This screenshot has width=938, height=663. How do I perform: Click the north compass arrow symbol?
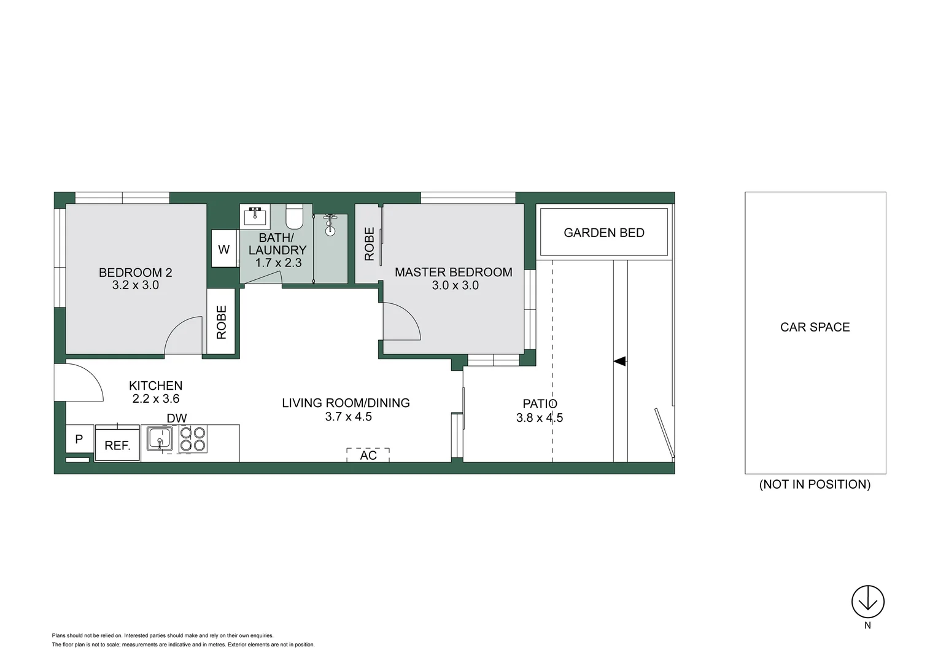click(x=867, y=602)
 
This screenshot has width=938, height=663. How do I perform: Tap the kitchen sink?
click(x=160, y=439)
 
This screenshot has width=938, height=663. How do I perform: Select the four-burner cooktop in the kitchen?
click(x=193, y=439)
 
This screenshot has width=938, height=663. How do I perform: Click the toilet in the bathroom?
click(x=295, y=216)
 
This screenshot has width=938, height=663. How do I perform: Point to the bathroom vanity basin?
click(x=255, y=216)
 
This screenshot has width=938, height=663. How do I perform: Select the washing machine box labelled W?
click(x=224, y=249)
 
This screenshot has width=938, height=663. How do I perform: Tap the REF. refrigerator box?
click(x=117, y=445)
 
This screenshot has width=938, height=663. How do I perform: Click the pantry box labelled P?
click(x=79, y=439)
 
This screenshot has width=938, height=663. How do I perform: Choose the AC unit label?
click(x=368, y=455)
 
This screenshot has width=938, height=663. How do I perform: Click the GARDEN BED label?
click(x=604, y=233)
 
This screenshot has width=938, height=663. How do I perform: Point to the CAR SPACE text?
click(x=815, y=327)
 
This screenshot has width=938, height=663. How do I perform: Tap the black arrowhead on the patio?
click(x=619, y=362)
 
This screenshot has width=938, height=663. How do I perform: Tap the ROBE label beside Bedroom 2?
click(x=222, y=322)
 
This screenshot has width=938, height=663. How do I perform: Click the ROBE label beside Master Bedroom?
click(x=369, y=244)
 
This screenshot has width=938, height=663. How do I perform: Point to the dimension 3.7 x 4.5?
click(x=348, y=416)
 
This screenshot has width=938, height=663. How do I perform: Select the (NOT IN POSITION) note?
click(x=815, y=484)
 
